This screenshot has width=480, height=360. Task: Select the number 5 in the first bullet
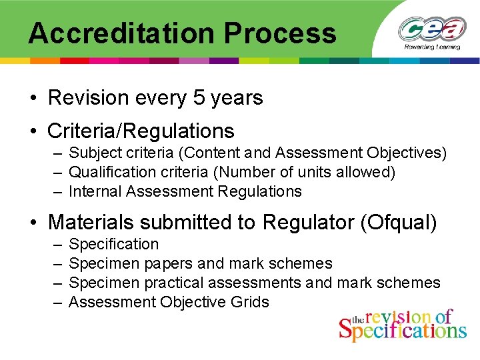(x=199, y=98)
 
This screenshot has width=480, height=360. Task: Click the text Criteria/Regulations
(x=141, y=131)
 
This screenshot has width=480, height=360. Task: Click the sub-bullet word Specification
(x=114, y=245)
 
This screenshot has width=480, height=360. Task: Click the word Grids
(x=249, y=302)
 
